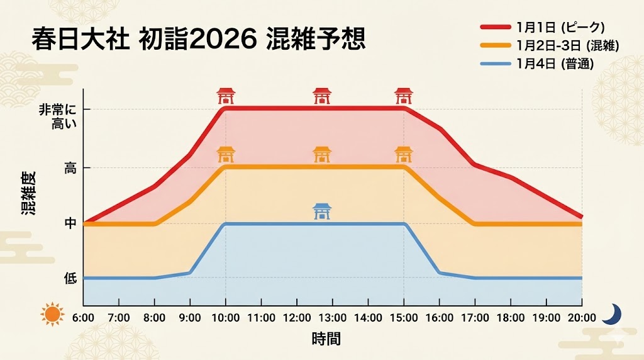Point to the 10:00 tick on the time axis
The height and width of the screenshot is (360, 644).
226,317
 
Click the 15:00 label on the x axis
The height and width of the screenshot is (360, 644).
404,317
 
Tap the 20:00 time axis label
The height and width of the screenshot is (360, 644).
581,317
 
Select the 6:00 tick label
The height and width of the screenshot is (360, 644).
84,317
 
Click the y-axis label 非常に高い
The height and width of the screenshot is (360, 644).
65,116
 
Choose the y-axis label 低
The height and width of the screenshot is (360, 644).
70,278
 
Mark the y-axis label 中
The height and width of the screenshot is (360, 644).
70,223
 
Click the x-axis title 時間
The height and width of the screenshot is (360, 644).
326,339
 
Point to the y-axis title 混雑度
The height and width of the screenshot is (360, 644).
29,193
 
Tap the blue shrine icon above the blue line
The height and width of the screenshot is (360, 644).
322,211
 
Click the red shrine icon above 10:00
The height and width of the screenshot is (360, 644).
226,96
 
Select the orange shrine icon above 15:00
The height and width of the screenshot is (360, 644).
403,154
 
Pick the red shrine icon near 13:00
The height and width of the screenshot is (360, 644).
322,96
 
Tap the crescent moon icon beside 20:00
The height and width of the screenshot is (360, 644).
611,313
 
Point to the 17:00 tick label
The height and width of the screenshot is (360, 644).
475,317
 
